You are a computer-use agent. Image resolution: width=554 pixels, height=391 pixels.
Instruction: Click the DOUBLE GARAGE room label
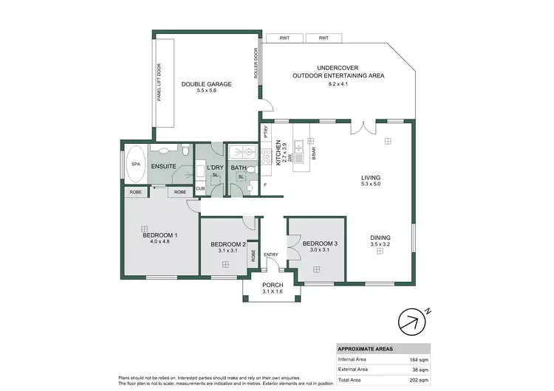click(207, 84)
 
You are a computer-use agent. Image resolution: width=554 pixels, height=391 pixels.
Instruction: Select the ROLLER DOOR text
click(256, 64)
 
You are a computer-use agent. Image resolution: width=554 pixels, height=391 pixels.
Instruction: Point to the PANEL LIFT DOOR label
click(160, 80)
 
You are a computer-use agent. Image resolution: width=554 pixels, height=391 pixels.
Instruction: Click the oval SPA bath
click(136, 168)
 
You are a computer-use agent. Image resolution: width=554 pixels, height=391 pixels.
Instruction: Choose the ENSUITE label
click(164, 167)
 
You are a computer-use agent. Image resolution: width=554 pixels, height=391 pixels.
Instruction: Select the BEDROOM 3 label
click(321, 243)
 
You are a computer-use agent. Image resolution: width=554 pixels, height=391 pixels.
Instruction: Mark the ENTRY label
click(271, 256)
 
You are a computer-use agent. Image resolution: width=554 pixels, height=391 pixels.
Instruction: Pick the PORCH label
click(273, 286)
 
